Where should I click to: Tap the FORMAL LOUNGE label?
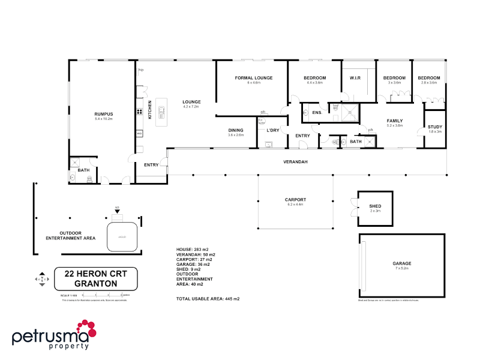click(254, 78)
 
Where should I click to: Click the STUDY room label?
click(434, 127)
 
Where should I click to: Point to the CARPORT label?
click(295, 200)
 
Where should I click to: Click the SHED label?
click(375, 207)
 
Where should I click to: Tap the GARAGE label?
click(403, 263)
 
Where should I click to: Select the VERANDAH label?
click(296, 162)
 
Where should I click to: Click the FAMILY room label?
click(394, 121)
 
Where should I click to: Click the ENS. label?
click(317, 112)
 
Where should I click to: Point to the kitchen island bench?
click(161, 112)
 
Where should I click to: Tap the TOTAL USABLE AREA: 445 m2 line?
click(208, 298)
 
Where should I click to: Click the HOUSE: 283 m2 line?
click(192, 250)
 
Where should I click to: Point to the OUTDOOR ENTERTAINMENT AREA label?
click(71, 235)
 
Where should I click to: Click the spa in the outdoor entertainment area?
click(123, 237)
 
